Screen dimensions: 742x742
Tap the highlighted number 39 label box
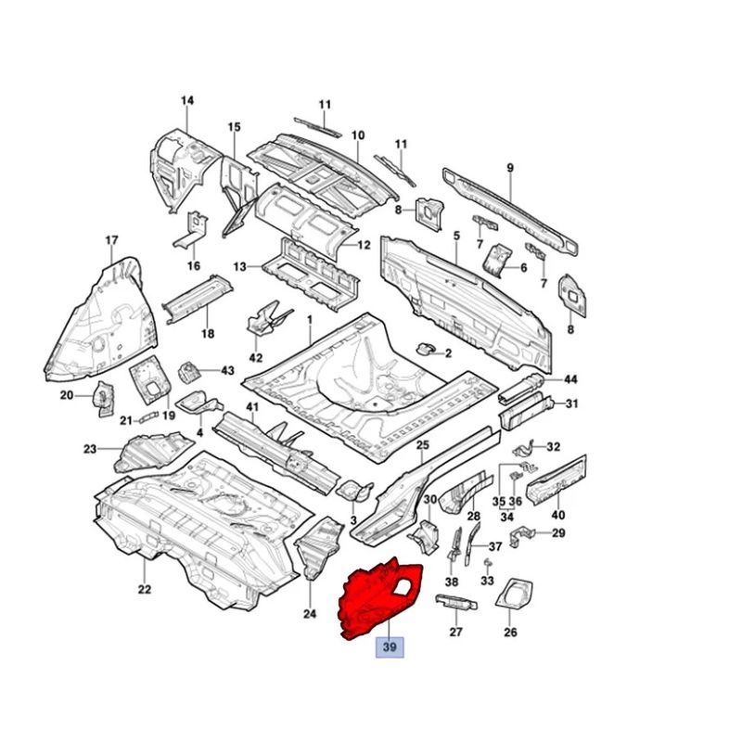(x=390, y=646)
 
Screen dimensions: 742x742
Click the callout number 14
(x=187, y=100)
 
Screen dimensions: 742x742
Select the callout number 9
(x=509, y=168)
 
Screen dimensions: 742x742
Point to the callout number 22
(x=145, y=589)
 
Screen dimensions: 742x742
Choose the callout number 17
(x=111, y=240)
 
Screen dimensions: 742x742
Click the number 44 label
(x=570, y=379)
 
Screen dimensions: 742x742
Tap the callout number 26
(x=510, y=633)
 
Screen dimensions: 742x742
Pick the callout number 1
(x=310, y=320)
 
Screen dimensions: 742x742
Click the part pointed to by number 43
(x=188, y=373)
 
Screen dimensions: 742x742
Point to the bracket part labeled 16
(x=190, y=232)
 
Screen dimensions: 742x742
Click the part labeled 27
(x=456, y=602)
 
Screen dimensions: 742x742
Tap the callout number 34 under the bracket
(x=506, y=517)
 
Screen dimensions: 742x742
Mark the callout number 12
(x=364, y=245)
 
